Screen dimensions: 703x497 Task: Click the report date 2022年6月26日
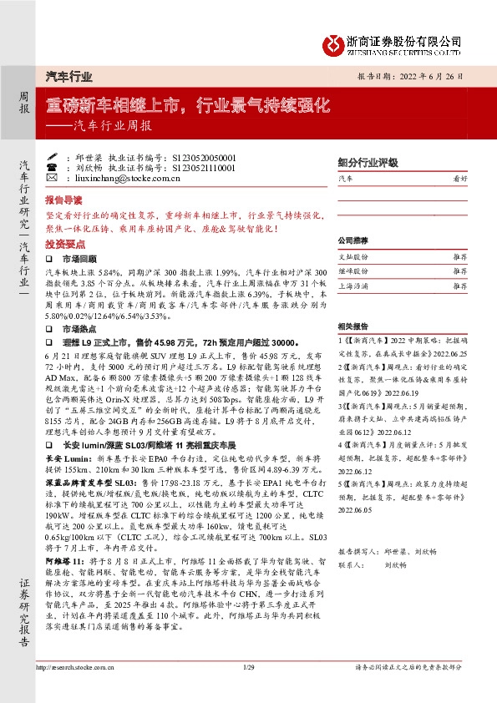point(437,74)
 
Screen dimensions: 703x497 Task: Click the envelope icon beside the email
point(52,178)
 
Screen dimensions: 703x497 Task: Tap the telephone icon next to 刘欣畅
point(52,167)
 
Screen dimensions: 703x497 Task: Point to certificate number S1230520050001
point(204,156)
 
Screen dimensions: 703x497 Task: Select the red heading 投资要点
point(65,245)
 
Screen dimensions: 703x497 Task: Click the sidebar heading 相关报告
point(354,326)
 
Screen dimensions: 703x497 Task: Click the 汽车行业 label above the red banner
point(68,76)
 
